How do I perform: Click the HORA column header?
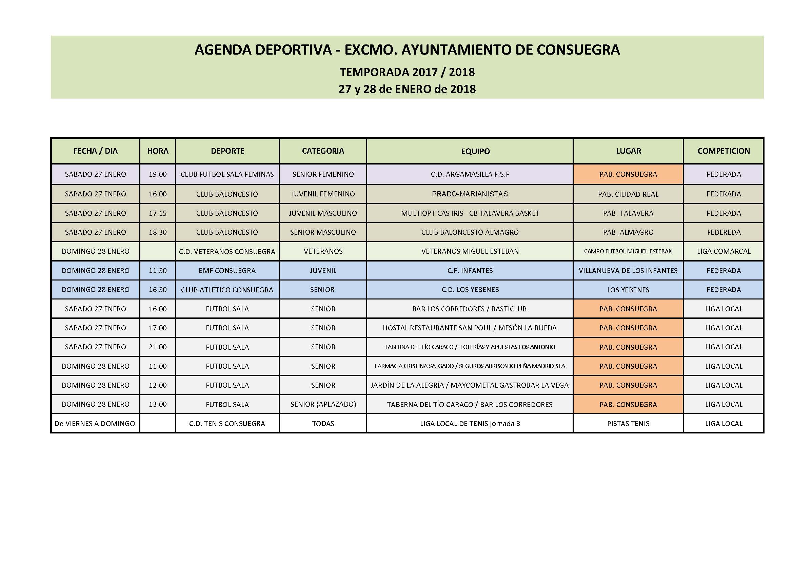158,151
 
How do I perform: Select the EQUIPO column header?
475,151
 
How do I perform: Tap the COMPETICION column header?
723,151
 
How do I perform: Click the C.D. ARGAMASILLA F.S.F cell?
470,174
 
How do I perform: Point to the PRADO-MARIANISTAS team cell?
470,194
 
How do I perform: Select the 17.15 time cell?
158,213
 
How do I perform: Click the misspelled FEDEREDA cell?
723,232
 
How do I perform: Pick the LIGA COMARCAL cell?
723,251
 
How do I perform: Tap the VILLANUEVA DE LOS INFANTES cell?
628,270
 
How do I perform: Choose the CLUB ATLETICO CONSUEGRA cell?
227,290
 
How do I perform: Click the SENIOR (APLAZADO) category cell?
323,404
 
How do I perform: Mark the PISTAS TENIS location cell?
628,424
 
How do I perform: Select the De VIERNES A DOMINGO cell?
95,424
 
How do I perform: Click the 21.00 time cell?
158,347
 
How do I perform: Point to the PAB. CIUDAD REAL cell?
628,194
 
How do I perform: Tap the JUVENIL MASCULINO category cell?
323,213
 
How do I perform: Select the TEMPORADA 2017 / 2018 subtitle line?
407,72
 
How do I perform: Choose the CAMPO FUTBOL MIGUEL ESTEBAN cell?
628,251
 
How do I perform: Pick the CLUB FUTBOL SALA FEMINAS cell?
227,174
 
